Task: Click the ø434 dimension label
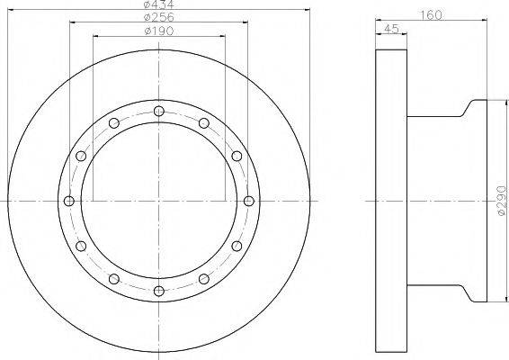(x=159, y=4)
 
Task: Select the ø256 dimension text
(x=159, y=17)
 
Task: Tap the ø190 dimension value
(x=159, y=31)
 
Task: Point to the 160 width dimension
(x=431, y=15)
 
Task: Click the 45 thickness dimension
(x=391, y=29)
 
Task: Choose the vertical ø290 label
(x=501, y=201)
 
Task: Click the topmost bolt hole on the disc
(x=159, y=111)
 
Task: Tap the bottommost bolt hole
(x=159, y=291)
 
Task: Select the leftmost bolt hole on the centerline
(x=69, y=201)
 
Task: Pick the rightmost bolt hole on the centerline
(x=249, y=201)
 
